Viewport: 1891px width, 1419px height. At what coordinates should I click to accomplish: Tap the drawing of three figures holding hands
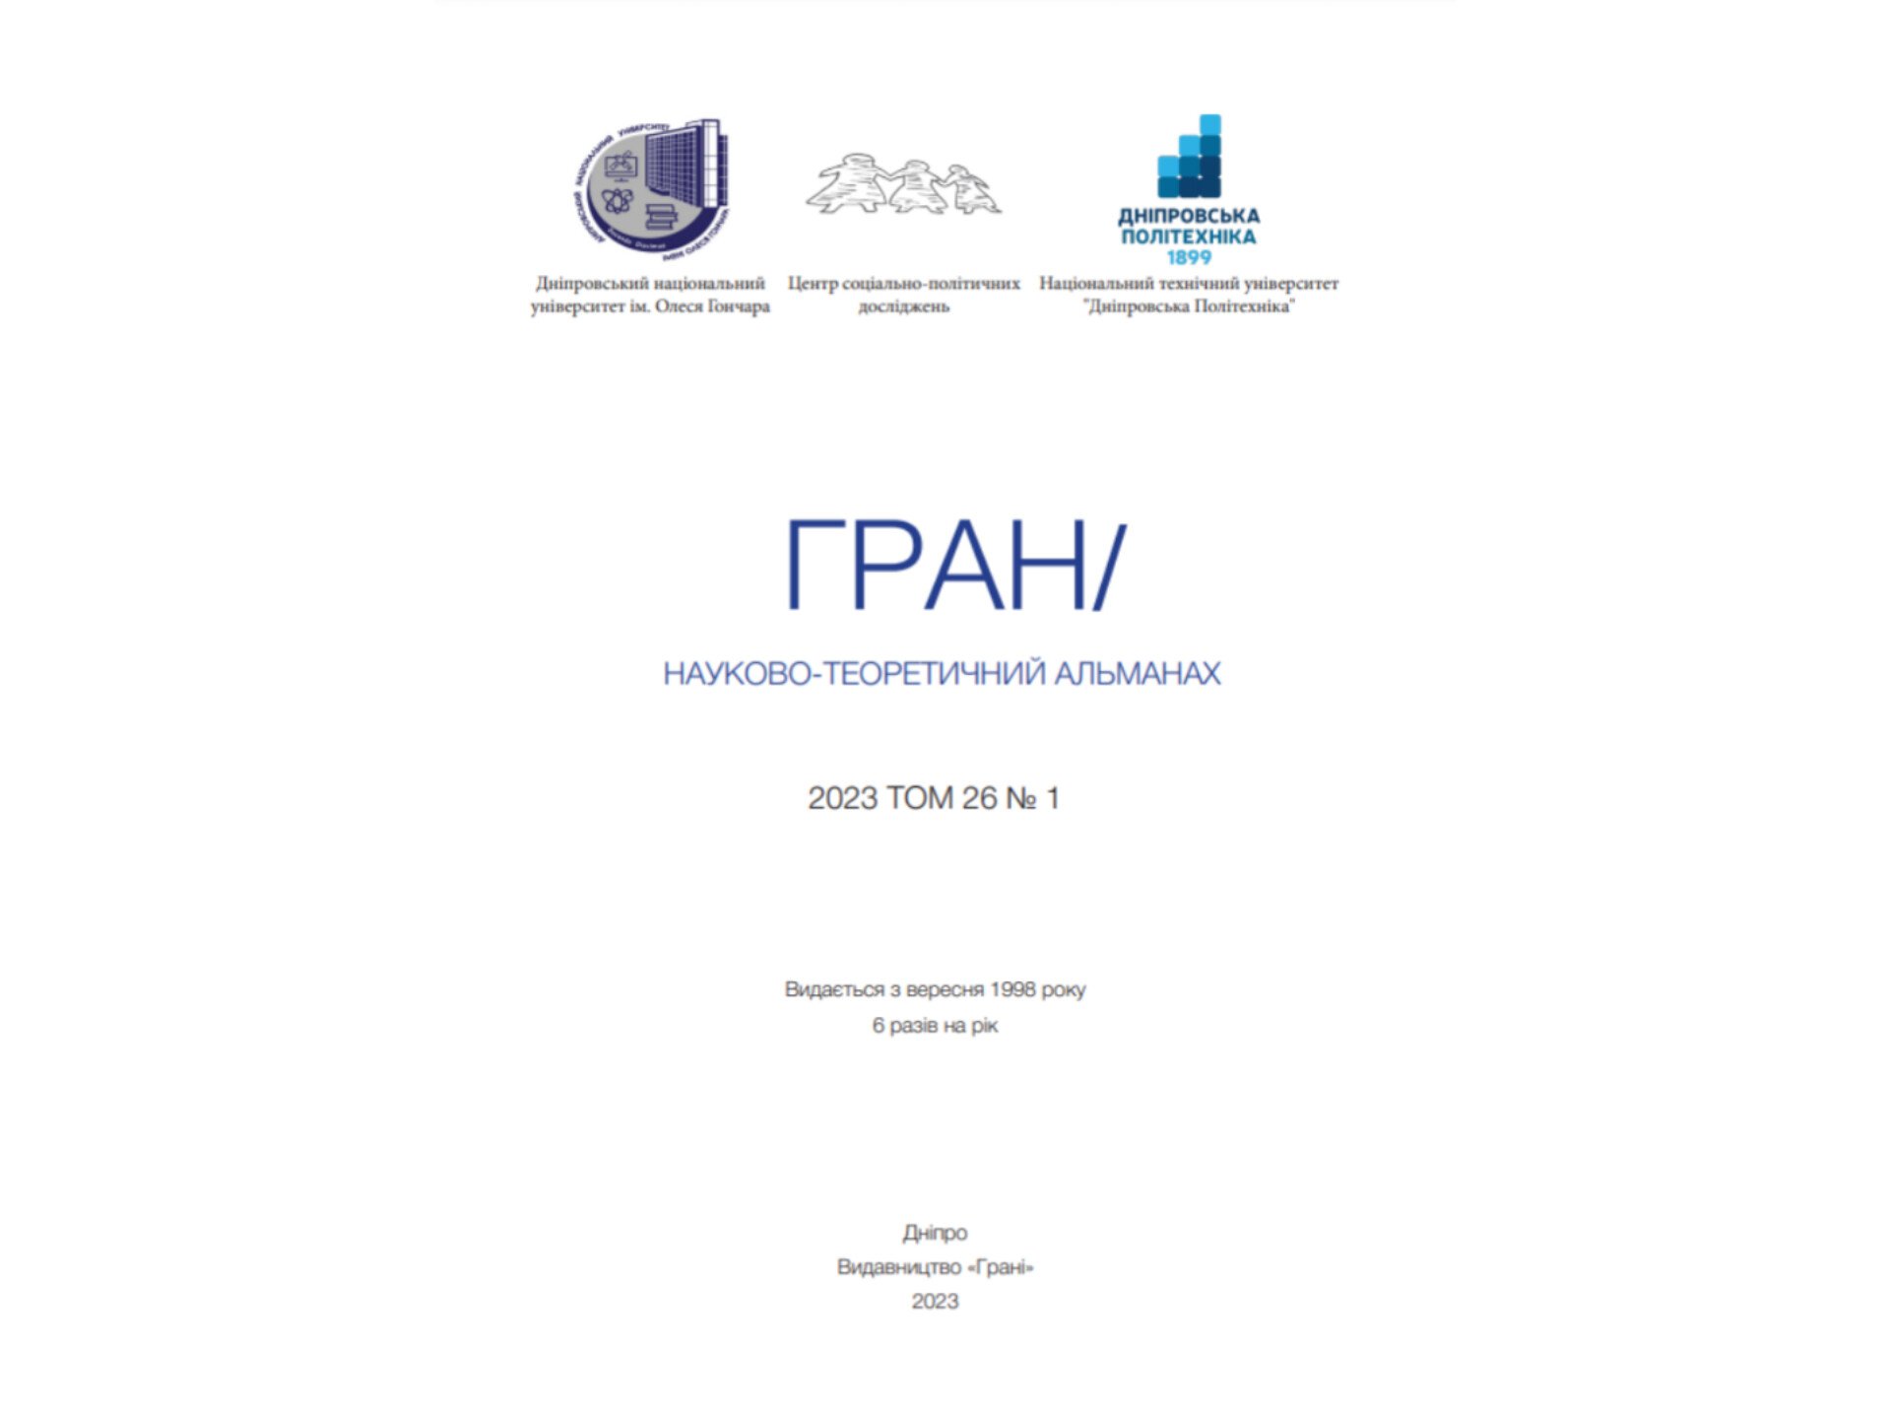coord(903,184)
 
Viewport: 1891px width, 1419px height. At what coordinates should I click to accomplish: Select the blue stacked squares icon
coord(1189,157)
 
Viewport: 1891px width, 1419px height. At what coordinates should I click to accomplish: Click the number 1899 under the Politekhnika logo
coord(1189,258)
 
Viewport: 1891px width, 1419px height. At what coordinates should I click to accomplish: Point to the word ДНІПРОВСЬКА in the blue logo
coord(1189,216)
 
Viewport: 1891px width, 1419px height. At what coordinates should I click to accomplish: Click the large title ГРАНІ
coord(953,565)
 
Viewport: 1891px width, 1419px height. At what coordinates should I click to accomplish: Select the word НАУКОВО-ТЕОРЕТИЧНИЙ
coord(854,674)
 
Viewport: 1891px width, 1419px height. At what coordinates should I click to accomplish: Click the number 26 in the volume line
coord(979,798)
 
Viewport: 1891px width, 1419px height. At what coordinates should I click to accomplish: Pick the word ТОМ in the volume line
coord(920,798)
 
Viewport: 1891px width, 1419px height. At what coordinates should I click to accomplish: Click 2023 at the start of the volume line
coord(842,798)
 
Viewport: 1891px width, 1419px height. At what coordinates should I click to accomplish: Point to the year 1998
coord(1011,989)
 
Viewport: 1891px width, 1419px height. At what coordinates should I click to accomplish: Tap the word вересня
coord(945,989)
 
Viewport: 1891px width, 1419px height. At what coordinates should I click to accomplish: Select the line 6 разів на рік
coord(935,1026)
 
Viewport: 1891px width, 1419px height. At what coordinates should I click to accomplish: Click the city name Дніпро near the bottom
coord(935,1233)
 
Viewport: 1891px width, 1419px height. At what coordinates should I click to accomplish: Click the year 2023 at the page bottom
coord(935,1302)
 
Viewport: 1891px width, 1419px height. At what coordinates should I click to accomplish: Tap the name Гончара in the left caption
coord(739,306)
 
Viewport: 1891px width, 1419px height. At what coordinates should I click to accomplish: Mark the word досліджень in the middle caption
coord(903,306)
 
